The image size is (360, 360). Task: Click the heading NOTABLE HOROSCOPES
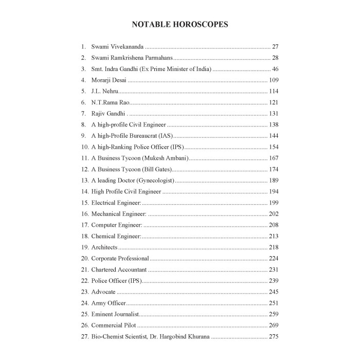[x=180, y=24]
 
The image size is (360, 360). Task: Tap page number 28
[x=275, y=58]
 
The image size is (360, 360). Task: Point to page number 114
[x=274, y=91]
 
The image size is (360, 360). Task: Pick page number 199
[x=274, y=203]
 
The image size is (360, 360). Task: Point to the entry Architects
[x=104, y=247]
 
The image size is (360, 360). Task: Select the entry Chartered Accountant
[x=119, y=269]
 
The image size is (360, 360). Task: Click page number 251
[x=274, y=303]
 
